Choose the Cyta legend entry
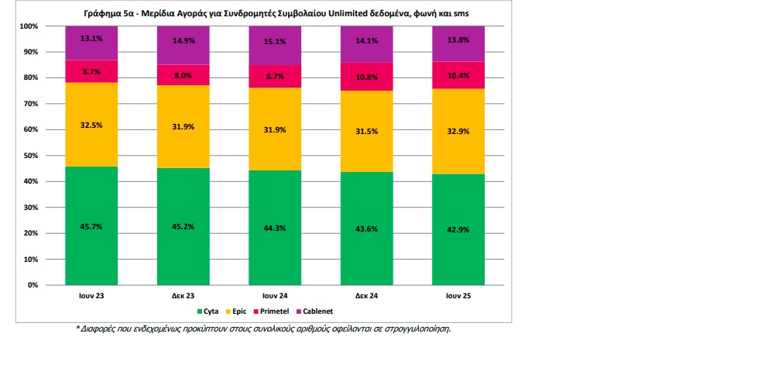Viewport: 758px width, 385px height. tap(208, 311)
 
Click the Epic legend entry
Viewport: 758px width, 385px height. tap(238, 311)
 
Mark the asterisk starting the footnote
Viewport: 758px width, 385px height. tap(78, 328)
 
